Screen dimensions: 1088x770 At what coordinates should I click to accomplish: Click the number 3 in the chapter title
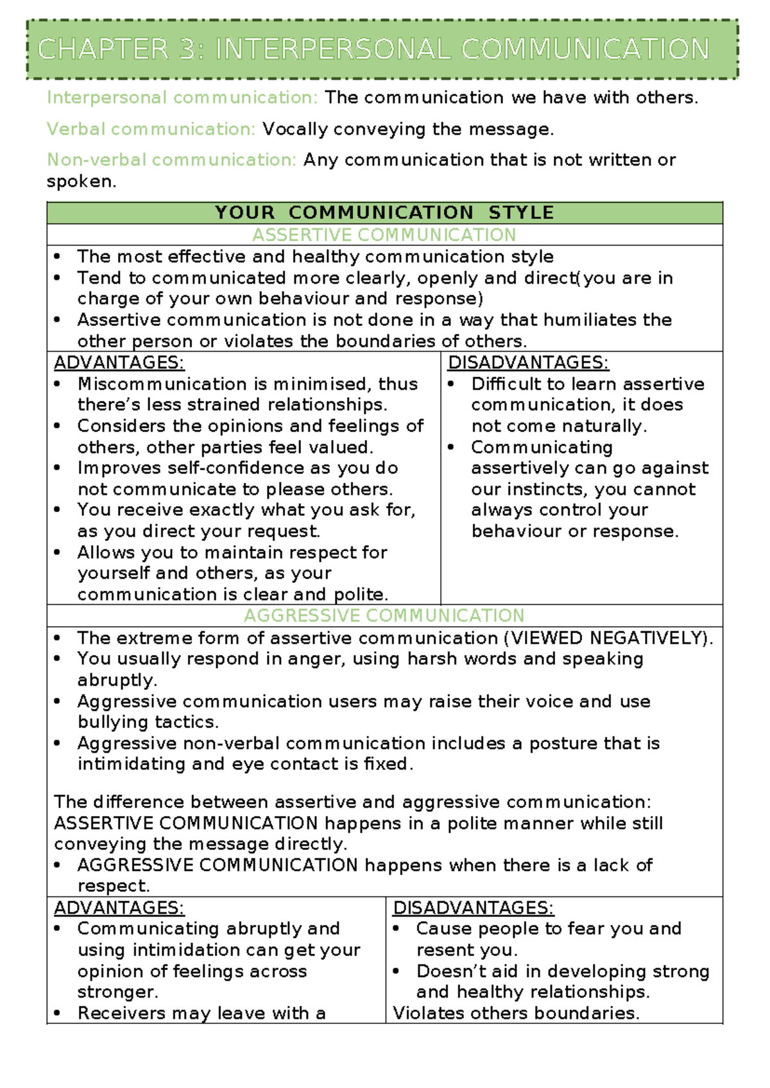click(x=188, y=50)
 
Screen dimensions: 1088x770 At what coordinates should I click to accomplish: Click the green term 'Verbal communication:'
click(x=151, y=130)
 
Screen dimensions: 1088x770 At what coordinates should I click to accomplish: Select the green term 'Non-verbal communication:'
click(x=171, y=160)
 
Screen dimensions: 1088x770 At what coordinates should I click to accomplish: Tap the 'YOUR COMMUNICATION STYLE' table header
click(x=384, y=212)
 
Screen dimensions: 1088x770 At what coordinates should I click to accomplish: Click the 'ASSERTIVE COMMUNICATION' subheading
click(x=384, y=235)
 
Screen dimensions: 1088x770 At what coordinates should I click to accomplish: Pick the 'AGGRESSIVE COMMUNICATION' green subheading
click(x=384, y=616)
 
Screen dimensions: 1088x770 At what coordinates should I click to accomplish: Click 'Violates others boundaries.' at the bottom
click(x=516, y=1014)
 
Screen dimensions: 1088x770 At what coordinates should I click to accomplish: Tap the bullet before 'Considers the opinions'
click(x=58, y=426)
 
